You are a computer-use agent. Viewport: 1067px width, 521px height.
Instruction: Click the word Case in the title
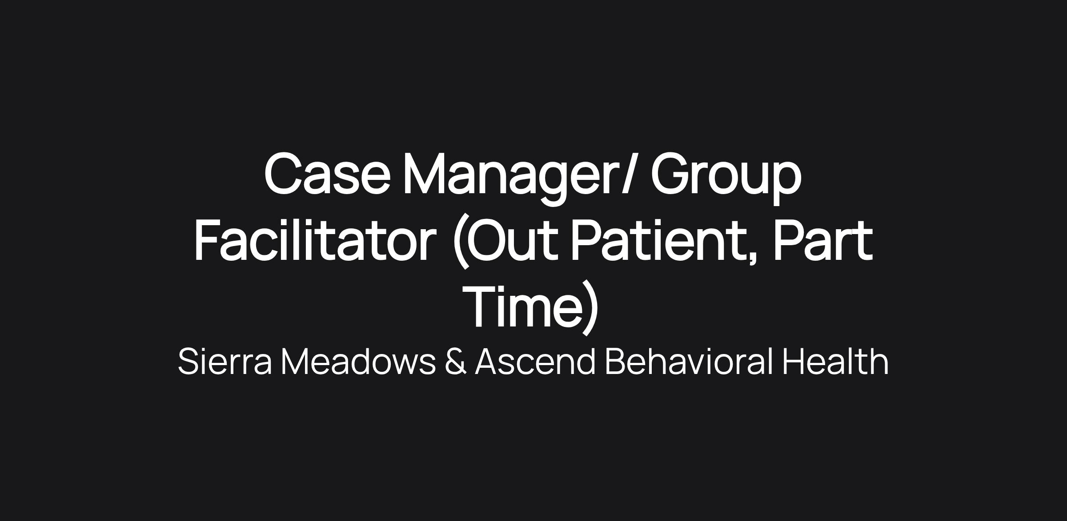[x=327, y=174]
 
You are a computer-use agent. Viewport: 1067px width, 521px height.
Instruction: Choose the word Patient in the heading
[x=659, y=240]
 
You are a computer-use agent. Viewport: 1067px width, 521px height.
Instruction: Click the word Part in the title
[x=823, y=240]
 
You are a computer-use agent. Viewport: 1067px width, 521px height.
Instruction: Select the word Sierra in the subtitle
[x=225, y=362]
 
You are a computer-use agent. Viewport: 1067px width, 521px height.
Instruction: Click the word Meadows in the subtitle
[x=358, y=362]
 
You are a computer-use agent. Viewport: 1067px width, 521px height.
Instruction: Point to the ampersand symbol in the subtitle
[x=456, y=362]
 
